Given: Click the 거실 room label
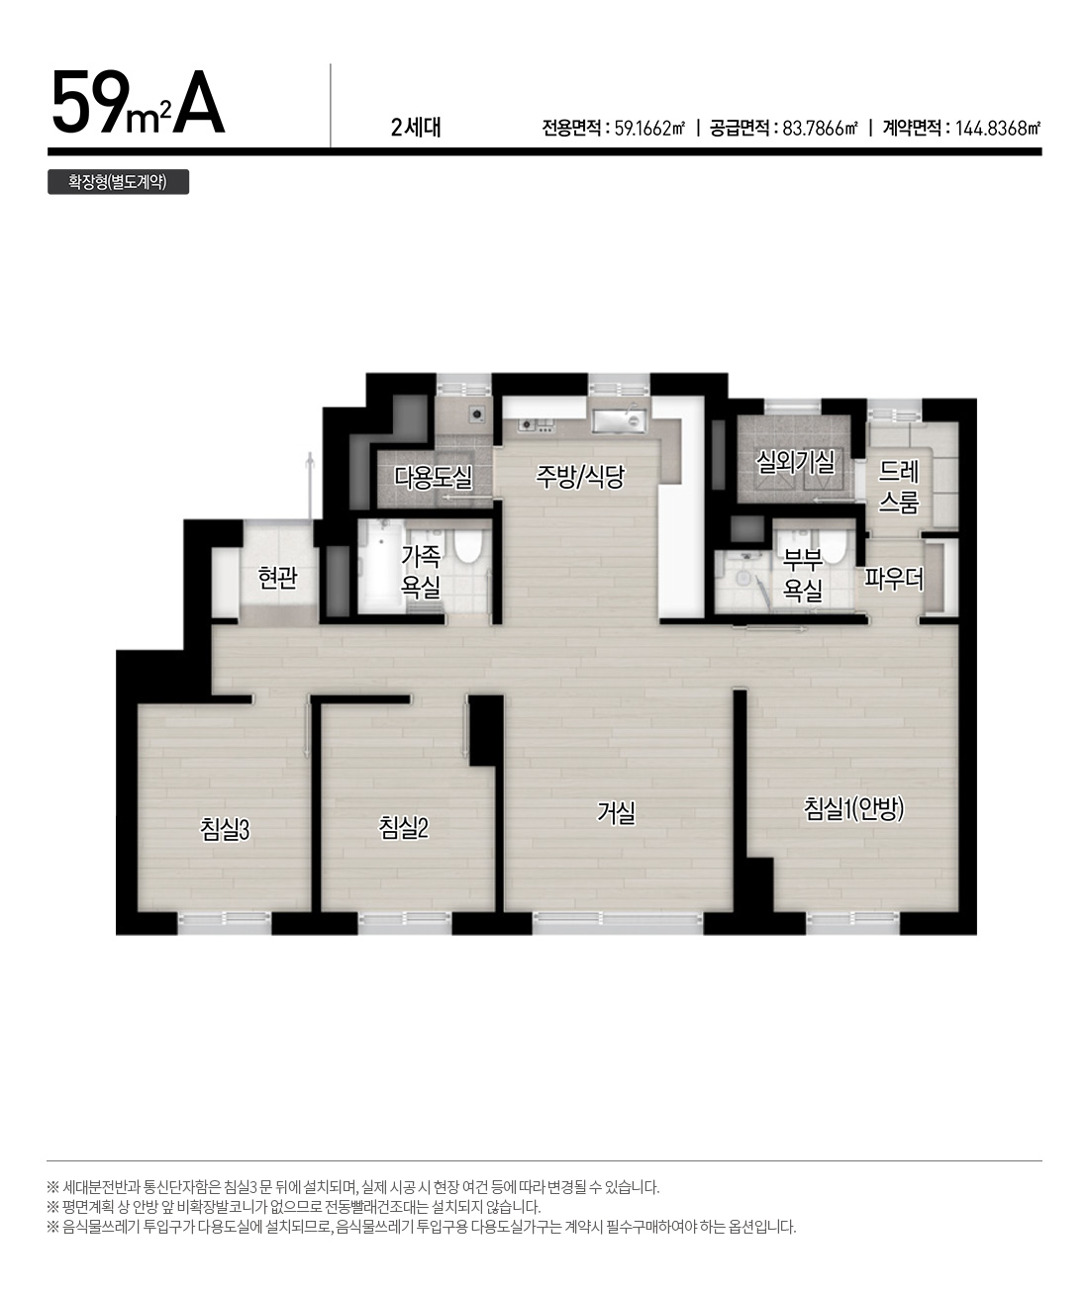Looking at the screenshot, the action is point(616,812).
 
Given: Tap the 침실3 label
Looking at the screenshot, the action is point(225,829).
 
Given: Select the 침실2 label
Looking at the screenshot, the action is point(404,827).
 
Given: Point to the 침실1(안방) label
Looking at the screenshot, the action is point(853,809).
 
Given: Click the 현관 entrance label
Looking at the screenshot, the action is point(277,578).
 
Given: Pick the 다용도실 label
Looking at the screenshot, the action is point(434,477).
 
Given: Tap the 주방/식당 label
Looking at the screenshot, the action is point(580,476).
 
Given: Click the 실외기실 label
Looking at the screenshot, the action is point(795,461).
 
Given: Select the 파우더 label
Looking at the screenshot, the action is point(894,579).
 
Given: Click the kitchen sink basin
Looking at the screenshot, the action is point(619,421).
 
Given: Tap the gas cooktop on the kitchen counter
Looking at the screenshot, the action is point(537,424).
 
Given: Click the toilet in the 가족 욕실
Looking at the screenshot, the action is point(467,543).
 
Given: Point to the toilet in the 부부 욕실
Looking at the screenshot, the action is point(832,545).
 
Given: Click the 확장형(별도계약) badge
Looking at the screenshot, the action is point(118,182).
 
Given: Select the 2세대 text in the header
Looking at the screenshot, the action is point(415,128).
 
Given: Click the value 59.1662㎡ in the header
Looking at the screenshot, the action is point(649,129).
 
